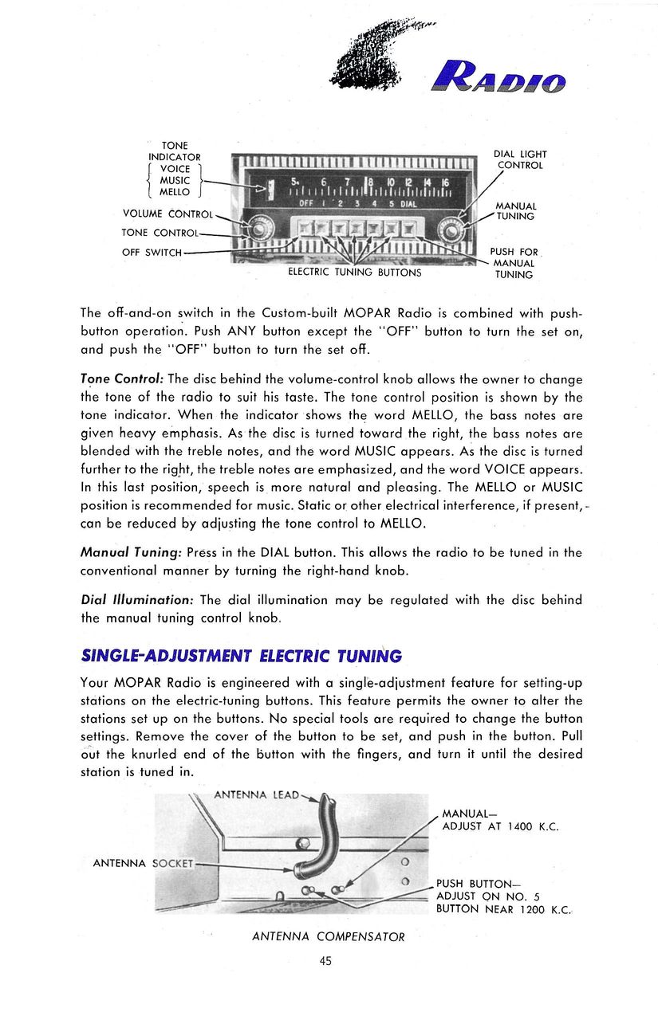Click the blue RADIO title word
[498, 80]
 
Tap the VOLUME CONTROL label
[167, 214]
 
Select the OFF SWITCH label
[152, 253]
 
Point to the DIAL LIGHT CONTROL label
[519, 160]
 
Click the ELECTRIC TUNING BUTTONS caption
[354, 273]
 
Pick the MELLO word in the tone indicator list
[175, 192]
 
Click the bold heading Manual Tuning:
[132, 552]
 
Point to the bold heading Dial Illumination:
[136, 599]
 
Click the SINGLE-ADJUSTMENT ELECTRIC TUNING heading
[242, 656]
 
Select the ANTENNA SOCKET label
[144, 863]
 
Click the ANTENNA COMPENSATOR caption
[329, 936]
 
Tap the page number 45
[325, 961]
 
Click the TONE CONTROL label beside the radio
[159, 233]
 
